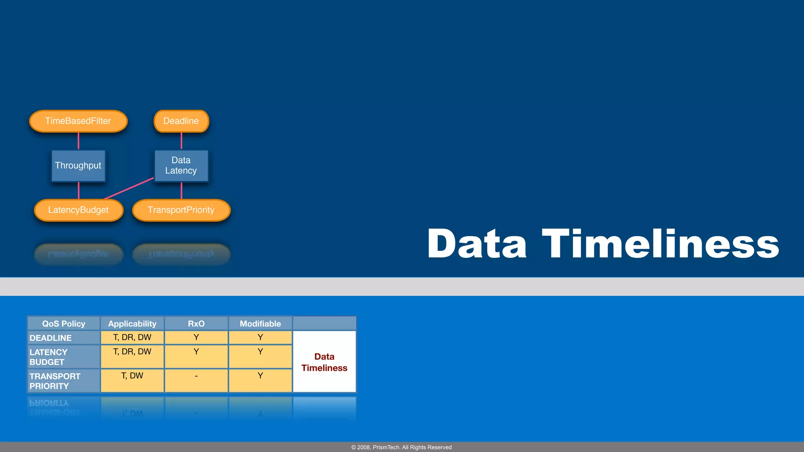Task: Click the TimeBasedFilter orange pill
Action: click(x=78, y=121)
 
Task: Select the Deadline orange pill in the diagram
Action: click(x=181, y=121)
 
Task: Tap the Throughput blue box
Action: click(x=78, y=166)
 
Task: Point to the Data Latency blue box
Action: click(x=181, y=166)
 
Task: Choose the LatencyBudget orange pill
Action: click(x=79, y=210)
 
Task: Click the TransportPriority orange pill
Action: click(x=181, y=210)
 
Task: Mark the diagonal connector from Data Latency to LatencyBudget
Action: click(x=129, y=188)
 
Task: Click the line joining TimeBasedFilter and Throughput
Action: click(x=79, y=141)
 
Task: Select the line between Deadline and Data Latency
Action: click(x=181, y=141)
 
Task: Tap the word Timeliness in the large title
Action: click(x=660, y=244)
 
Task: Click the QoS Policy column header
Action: click(x=64, y=324)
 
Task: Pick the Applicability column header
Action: click(x=132, y=324)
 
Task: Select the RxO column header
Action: click(x=196, y=324)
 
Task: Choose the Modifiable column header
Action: click(x=260, y=324)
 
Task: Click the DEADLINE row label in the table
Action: click(x=51, y=338)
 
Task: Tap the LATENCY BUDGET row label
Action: click(x=49, y=357)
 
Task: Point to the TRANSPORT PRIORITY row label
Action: click(x=55, y=381)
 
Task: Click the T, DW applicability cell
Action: click(x=132, y=376)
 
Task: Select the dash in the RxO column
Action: click(x=196, y=376)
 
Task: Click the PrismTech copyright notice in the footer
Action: click(x=401, y=447)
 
